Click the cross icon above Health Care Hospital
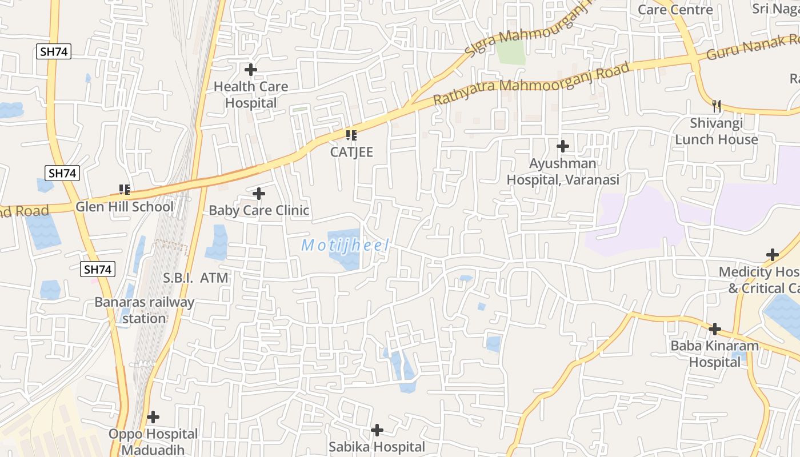pyautogui.click(x=250, y=70)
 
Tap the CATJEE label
pyautogui.click(x=351, y=152)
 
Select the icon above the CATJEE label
pyautogui.click(x=351, y=135)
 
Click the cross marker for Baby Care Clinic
pyautogui.click(x=259, y=194)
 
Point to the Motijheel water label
pyautogui.click(x=346, y=246)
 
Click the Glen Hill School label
pyautogui.click(x=125, y=207)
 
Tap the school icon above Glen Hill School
pyautogui.click(x=124, y=189)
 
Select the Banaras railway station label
pyautogui.click(x=144, y=310)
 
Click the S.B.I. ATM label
pyautogui.click(x=195, y=278)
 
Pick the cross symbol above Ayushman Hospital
pyautogui.click(x=563, y=146)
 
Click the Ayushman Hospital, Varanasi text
pyautogui.click(x=563, y=171)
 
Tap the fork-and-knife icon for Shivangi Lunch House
pyautogui.click(x=717, y=106)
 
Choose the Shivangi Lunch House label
pyautogui.click(x=717, y=131)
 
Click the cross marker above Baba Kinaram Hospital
pyautogui.click(x=714, y=329)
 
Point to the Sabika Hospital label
pyautogui.click(x=377, y=447)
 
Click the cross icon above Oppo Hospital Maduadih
pyautogui.click(x=153, y=417)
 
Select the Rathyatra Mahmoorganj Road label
pyautogui.click(x=531, y=83)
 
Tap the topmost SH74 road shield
pyautogui.click(x=54, y=51)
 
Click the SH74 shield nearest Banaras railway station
pyautogui.click(x=98, y=269)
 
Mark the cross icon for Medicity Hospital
pyautogui.click(x=773, y=255)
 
